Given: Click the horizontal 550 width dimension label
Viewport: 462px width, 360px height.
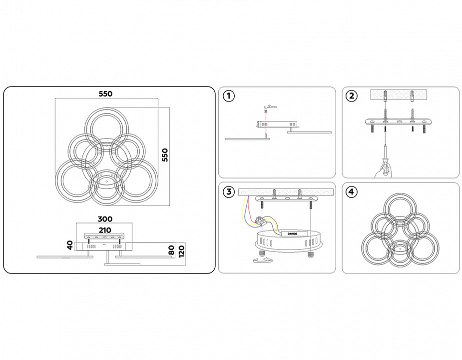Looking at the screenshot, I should pyautogui.click(x=105, y=93).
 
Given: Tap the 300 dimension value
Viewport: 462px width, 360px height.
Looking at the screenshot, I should pyautogui.click(x=105, y=219).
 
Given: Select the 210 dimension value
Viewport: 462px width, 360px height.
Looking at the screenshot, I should pyautogui.click(x=105, y=229).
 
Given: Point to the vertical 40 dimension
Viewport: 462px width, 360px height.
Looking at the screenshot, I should pyautogui.click(x=70, y=245).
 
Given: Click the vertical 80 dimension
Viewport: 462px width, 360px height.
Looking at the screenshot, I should pyautogui.click(x=171, y=249).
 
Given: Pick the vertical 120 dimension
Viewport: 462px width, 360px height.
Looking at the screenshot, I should pyautogui.click(x=182, y=249).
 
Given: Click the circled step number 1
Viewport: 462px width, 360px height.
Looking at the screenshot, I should pyautogui.click(x=228, y=96).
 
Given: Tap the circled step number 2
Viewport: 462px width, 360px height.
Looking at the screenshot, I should pyautogui.click(x=352, y=96).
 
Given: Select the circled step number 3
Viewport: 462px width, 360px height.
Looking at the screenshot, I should pyautogui.click(x=228, y=191).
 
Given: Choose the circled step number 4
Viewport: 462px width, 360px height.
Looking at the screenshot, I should pyautogui.click(x=352, y=191).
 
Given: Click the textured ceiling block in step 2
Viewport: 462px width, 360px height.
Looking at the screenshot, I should pyautogui.click(x=399, y=94).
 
